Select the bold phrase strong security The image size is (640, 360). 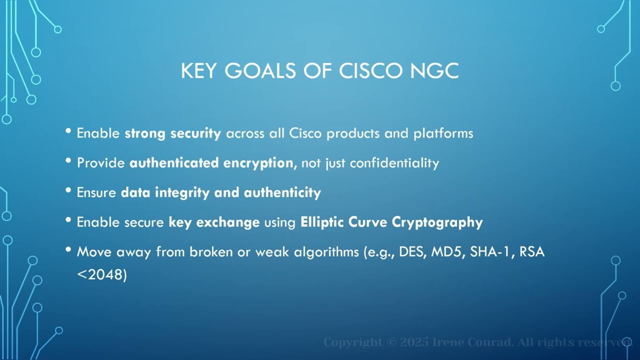[172, 133]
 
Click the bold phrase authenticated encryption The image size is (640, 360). [211, 163]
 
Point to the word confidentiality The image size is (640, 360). [394, 163]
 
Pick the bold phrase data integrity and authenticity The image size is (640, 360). [220, 192]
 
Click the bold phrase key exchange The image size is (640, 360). [214, 222]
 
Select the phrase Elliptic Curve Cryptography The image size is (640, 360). [391, 222]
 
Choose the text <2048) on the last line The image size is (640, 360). [102, 274]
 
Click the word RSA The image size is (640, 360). [532, 251]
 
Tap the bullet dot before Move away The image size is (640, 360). [68, 249]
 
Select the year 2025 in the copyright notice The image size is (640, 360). [415, 342]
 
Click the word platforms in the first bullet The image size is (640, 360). [443, 133]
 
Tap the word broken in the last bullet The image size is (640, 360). [211, 251]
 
